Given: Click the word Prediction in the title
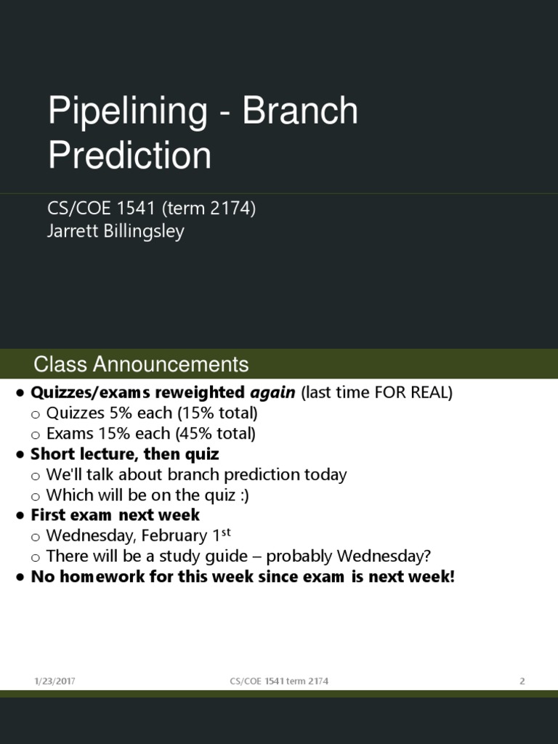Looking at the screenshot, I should pos(129,155).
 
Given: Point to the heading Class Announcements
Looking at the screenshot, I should pos(141,364).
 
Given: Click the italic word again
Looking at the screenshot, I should pos(272,393).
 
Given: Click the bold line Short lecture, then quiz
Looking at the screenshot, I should pos(124,454).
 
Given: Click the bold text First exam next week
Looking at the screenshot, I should pos(115,515).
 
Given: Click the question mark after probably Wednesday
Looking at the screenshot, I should pos(427,557).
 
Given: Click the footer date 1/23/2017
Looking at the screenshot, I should pos(54,682).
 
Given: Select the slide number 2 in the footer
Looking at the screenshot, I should pos(522,682).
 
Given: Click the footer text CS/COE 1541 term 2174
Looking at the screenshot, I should pos(279,682).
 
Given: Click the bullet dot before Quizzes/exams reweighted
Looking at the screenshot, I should pos(20,394).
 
